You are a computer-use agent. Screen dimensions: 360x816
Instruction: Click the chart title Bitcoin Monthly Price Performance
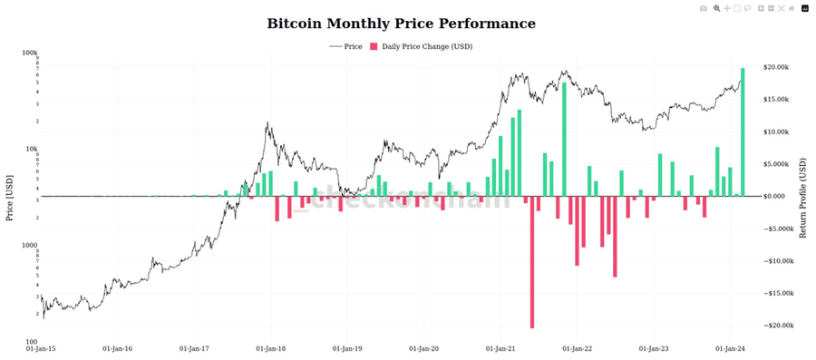click(401, 23)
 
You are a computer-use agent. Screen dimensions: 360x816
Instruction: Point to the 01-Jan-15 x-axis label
click(43, 348)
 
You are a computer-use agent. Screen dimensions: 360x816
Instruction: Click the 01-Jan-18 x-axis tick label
click(272, 348)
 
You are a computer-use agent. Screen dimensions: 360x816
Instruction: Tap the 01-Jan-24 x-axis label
click(731, 348)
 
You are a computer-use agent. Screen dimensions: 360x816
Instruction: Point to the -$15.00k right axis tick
click(780, 293)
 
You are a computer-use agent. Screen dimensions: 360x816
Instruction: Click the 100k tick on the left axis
click(30, 54)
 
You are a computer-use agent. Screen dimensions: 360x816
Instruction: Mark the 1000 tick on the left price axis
click(30, 246)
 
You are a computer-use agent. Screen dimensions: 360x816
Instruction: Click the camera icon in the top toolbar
click(704, 8)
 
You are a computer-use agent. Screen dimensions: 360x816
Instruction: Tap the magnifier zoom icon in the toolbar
click(716, 8)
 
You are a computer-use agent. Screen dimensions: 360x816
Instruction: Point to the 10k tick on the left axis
click(31, 150)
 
